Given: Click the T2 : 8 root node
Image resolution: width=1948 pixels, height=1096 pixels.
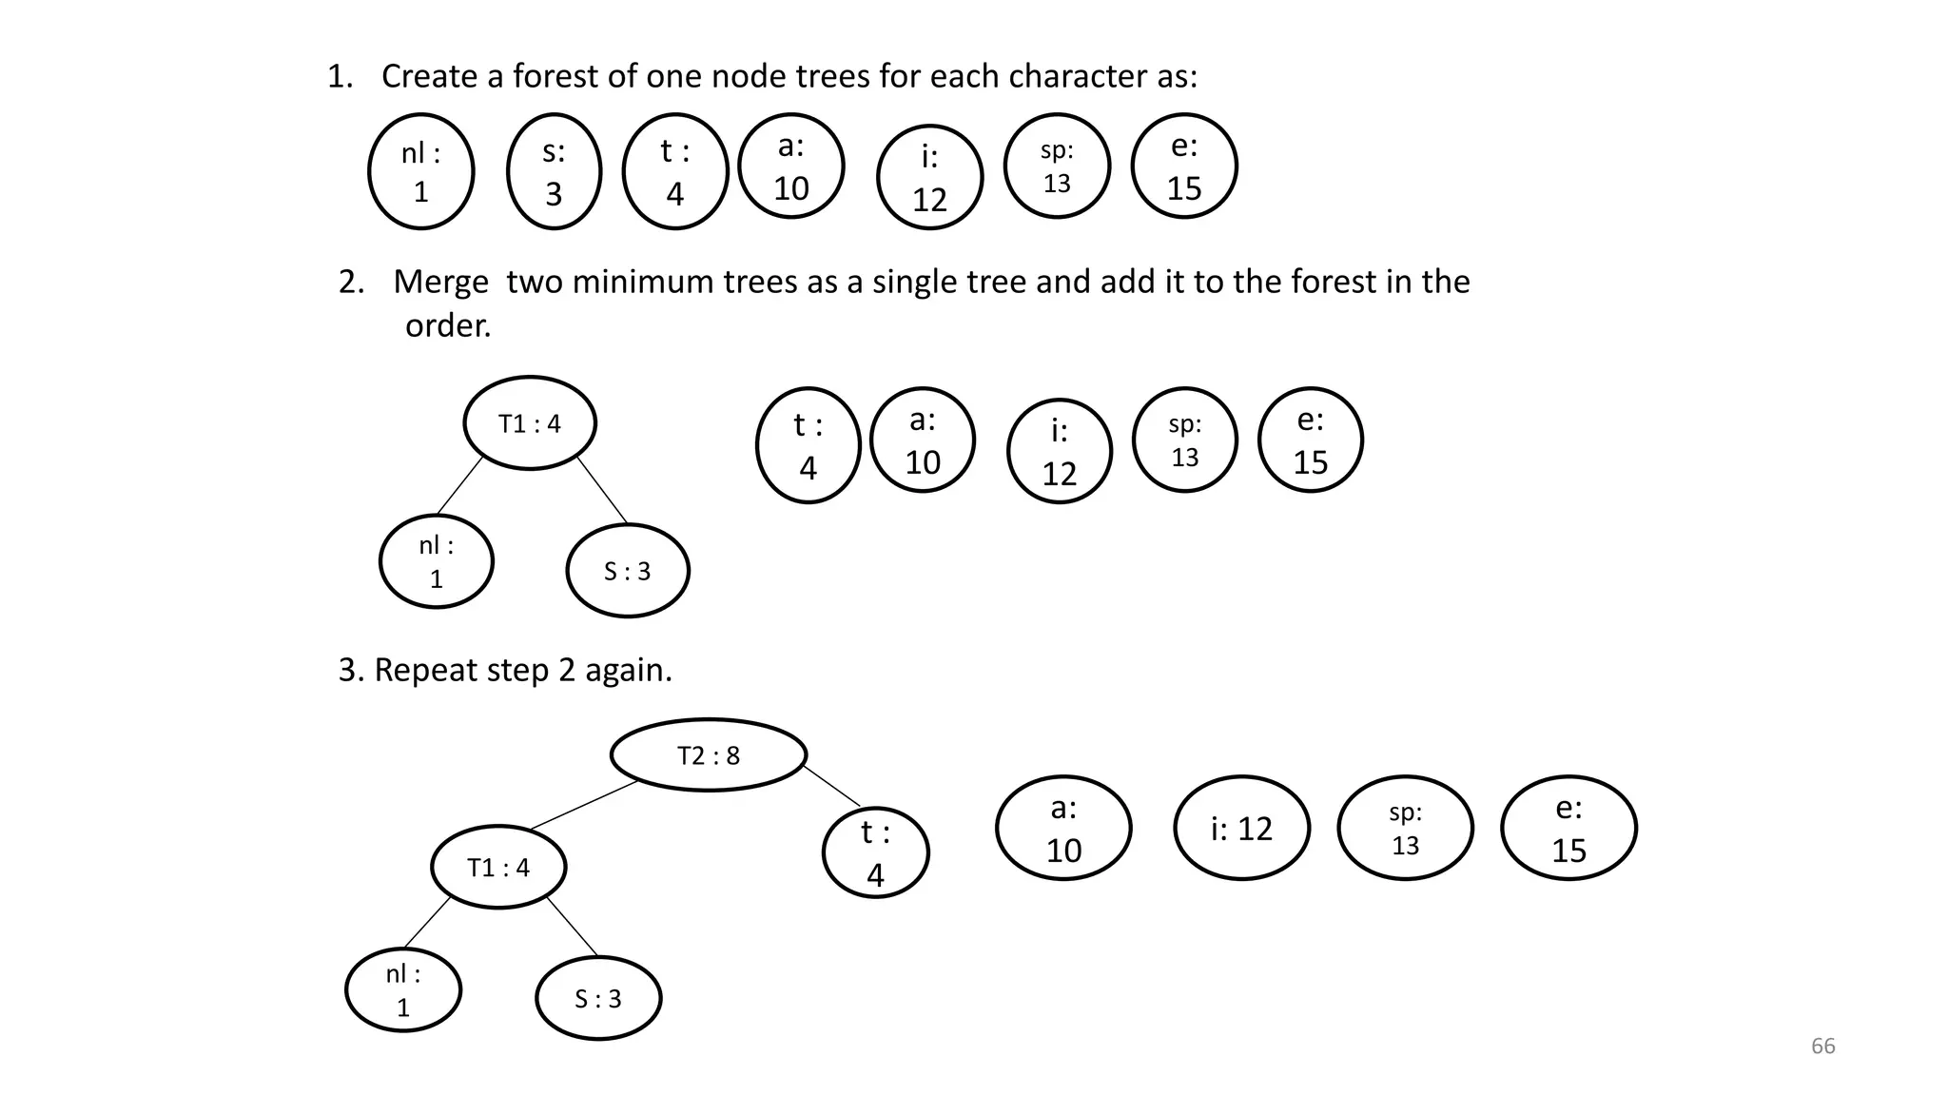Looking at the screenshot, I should click(709, 754).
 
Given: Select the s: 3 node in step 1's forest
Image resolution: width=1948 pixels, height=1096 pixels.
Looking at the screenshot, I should click(554, 171).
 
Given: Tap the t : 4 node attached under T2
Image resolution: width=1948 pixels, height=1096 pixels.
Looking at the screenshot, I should click(875, 852).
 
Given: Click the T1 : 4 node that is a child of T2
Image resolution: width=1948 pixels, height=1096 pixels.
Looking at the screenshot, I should click(498, 867).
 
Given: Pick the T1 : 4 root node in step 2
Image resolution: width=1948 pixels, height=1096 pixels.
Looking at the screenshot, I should click(530, 423).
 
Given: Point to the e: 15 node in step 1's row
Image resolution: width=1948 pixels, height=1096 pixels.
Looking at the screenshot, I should click(1184, 166).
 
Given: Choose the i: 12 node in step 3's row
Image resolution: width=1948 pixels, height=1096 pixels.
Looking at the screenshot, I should click(1241, 828).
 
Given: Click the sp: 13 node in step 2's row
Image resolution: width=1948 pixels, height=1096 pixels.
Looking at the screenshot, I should click(1185, 440).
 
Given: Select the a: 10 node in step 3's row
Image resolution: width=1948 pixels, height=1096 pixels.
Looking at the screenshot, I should click(1063, 828).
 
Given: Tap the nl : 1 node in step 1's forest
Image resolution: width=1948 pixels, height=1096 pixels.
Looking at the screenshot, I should click(420, 171).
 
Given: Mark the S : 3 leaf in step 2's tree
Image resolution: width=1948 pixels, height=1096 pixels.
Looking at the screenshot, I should click(628, 571).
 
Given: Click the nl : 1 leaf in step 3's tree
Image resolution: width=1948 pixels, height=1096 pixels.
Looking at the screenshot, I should click(403, 989).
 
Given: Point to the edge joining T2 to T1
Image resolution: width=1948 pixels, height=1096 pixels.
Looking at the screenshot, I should click(582, 806).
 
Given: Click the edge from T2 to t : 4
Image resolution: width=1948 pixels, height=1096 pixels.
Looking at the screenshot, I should click(832, 786).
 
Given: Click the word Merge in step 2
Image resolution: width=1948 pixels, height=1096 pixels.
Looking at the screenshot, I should click(440, 282).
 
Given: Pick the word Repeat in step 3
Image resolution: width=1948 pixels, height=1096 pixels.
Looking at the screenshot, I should click(425, 670).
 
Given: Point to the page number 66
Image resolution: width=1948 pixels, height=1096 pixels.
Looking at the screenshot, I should click(1822, 1046).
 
